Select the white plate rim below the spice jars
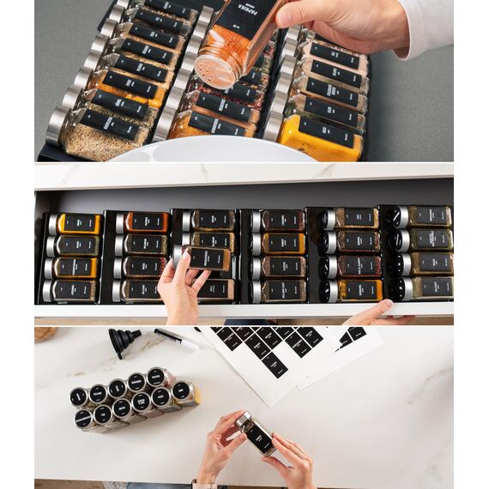(x=214, y=154)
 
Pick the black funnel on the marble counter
(x=124, y=341)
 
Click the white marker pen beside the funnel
(x=175, y=338)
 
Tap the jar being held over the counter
(x=257, y=435)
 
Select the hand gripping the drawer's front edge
(x=377, y=313)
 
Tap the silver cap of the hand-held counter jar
(x=243, y=418)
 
